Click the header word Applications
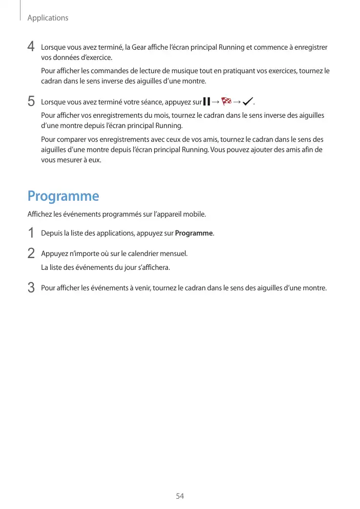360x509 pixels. [x=48, y=18]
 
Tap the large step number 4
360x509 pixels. [x=31, y=48]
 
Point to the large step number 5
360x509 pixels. [x=31, y=101]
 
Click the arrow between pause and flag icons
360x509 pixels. [x=216, y=101]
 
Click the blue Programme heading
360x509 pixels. [x=63, y=196]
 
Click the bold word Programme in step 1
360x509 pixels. [x=194, y=234]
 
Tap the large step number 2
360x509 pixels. [x=31, y=253]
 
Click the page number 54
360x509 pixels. [x=180, y=496]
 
